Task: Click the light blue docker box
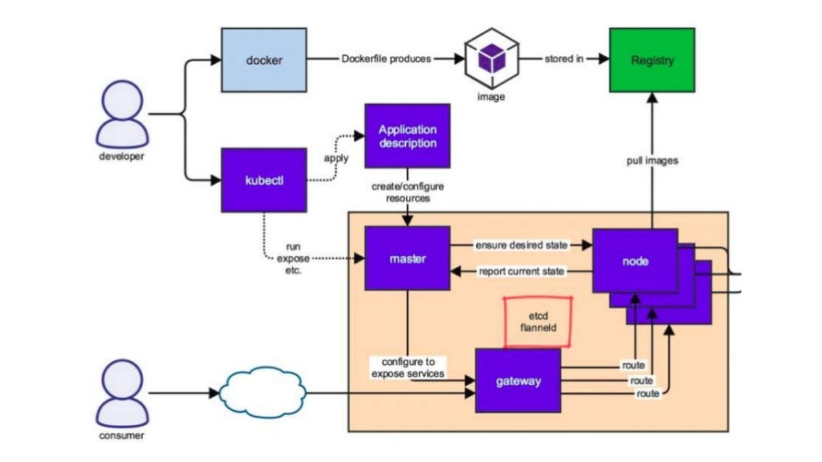[x=263, y=59]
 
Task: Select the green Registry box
[x=651, y=59]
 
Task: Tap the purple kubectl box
[x=263, y=180]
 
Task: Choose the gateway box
[x=517, y=380]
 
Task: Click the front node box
[x=635, y=261]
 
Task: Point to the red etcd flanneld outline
[x=538, y=322]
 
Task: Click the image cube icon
[x=491, y=60]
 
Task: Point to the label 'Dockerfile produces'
[x=386, y=59]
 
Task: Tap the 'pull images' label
[x=652, y=160]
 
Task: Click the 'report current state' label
[x=522, y=271]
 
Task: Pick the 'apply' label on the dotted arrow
[x=336, y=158]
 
